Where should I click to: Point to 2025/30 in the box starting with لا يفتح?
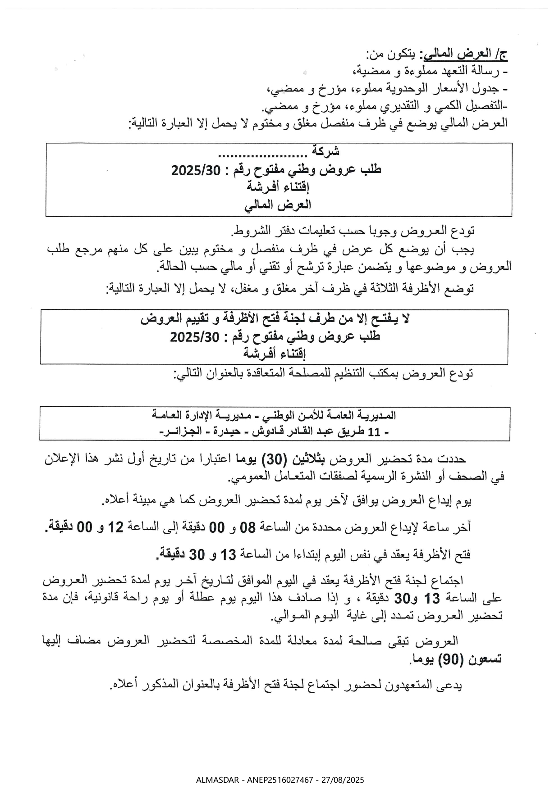coord(194,336)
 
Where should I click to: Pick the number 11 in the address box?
coord(374,432)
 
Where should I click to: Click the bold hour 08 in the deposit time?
coord(247,527)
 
